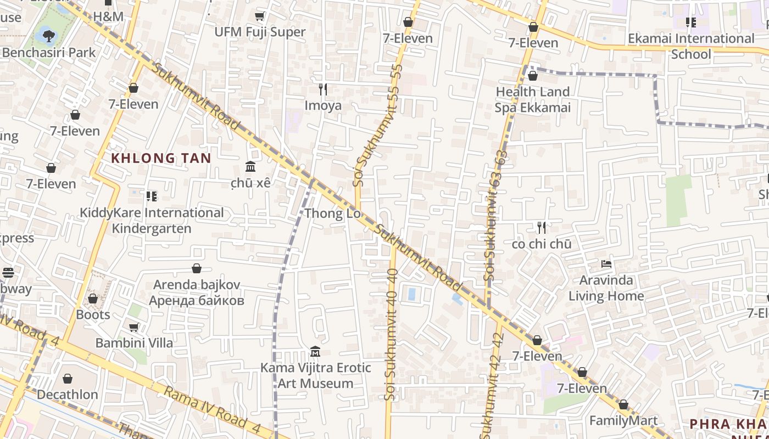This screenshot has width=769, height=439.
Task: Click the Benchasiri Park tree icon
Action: pyautogui.click(x=49, y=36)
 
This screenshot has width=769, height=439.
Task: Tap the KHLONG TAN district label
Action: pyautogui.click(x=161, y=159)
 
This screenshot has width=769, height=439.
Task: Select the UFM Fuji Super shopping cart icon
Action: pyautogui.click(x=260, y=16)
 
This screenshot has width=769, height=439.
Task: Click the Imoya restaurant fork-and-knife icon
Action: pyautogui.click(x=323, y=89)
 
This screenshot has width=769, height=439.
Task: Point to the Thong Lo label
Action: pyautogui.click(x=332, y=213)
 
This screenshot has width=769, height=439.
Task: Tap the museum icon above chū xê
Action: pyautogui.click(x=250, y=166)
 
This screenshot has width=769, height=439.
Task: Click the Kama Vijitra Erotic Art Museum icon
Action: pyautogui.click(x=315, y=351)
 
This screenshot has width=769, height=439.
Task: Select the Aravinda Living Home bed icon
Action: pyautogui.click(x=606, y=264)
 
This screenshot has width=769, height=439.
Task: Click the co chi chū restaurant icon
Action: pyautogui.click(x=542, y=227)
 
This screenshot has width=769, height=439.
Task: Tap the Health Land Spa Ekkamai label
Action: pyautogui.click(x=532, y=99)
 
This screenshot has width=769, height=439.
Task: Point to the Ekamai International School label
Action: pyautogui.click(x=691, y=46)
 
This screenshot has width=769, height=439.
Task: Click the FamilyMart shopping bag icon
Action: pyautogui.click(x=623, y=405)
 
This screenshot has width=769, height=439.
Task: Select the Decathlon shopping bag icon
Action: pyautogui.click(x=68, y=379)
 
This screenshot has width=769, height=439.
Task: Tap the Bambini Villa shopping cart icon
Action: pyautogui.click(x=133, y=327)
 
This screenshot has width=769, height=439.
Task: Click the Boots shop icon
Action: pyautogui.click(x=93, y=299)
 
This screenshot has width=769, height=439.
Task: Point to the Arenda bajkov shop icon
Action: pyautogui.click(x=197, y=268)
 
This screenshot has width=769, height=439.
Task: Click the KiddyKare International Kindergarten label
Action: pyautogui.click(x=152, y=220)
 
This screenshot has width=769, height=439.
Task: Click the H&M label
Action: pyautogui.click(x=109, y=16)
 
